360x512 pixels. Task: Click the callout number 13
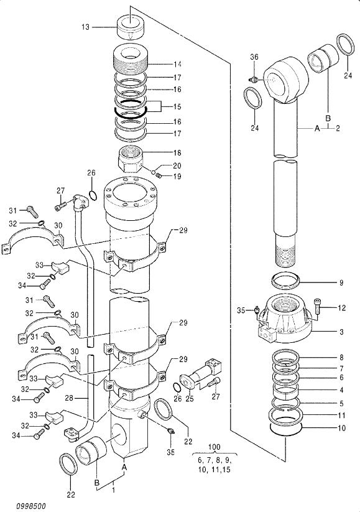coord(85,27)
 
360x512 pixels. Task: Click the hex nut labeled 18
coord(129,159)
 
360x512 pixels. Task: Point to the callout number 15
coord(177,107)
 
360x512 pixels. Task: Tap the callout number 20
coord(177,165)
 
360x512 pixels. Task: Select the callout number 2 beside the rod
coord(338,128)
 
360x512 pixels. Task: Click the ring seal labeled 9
coord(286,281)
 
